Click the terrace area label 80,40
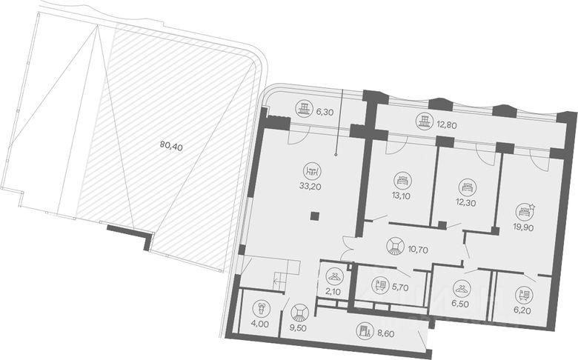[170, 146]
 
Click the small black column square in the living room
[315, 216]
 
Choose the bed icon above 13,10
[402, 179]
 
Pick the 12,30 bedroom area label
[465, 203]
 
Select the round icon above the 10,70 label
[395, 246]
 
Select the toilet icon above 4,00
[260, 307]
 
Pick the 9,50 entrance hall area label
[299, 327]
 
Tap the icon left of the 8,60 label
[363, 331]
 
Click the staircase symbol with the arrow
[279, 279]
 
